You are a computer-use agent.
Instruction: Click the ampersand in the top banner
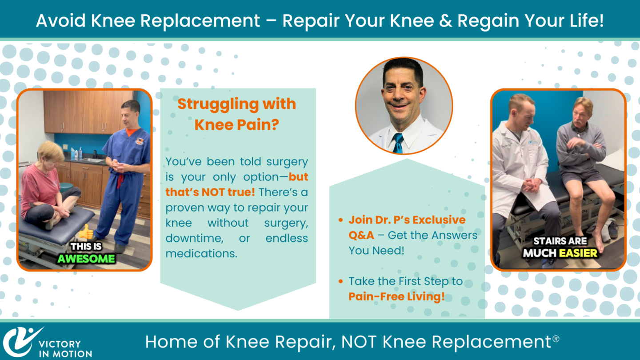click(x=445, y=21)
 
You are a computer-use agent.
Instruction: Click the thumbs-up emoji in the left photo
click(x=86, y=232)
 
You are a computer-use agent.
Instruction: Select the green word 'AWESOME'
click(x=86, y=259)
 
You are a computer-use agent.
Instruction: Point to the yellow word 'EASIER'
click(x=578, y=253)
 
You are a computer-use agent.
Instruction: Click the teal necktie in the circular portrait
click(x=398, y=143)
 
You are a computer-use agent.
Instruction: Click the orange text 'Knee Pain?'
click(x=236, y=124)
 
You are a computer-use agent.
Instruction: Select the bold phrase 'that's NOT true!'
click(x=210, y=192)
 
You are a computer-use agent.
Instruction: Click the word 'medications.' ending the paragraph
click(x=201, y=253)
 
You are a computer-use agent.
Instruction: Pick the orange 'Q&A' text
click(x=361, y=235)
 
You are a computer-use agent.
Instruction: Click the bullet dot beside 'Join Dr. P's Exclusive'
click(x=340, y=220)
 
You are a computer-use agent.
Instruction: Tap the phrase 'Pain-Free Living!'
click(x=396, y=296)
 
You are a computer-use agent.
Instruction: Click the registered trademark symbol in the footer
click(x=556, y=339)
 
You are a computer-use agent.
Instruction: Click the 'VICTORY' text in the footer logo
click(x=60, y=344)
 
